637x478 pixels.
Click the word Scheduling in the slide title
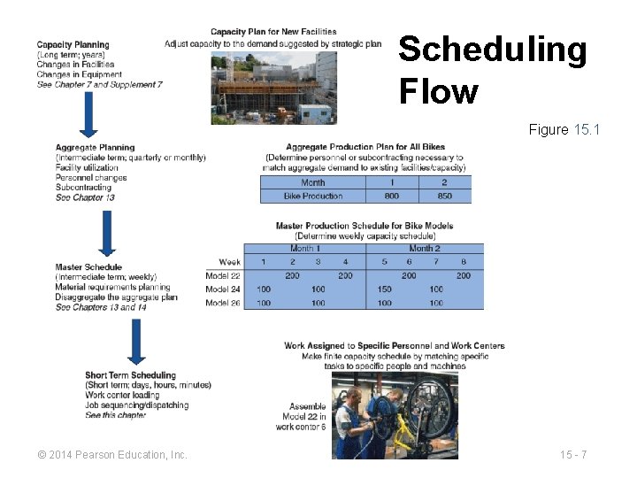point(492,50)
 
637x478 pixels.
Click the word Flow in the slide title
point(438,91)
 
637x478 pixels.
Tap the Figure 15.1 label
point(564,130)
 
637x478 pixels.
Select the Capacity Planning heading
point(73,45)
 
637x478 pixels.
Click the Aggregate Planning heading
point(95,148)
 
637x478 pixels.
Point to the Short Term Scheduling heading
point(131,375)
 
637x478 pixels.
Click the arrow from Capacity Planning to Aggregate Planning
point(88,113)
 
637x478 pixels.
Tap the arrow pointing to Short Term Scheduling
point(135,342)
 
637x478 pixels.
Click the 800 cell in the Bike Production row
point(392,196)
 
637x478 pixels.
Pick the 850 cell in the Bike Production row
point(444,196)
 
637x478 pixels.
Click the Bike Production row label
point(312,196)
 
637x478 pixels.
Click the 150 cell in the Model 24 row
point(384,289)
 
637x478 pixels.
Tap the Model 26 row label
point(223,303)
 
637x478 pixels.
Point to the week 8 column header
point(464,262)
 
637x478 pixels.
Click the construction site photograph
point(273,87)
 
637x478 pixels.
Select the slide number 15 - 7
point(573,455)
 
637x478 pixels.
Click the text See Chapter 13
point(85,197)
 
